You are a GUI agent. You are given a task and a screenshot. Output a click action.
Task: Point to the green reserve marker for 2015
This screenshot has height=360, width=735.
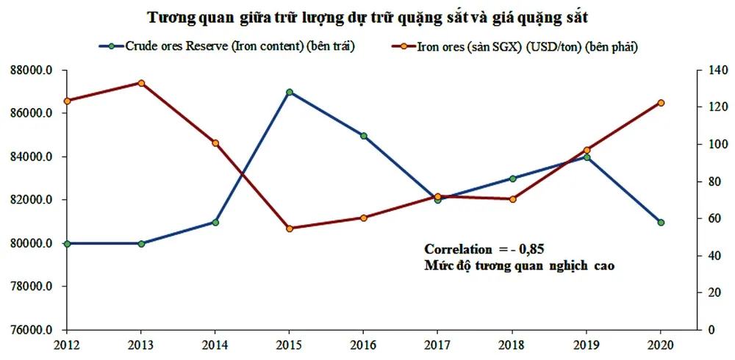click(x=290, y=93)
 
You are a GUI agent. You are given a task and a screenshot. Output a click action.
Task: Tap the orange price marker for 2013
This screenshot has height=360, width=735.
click(x=141, y=83)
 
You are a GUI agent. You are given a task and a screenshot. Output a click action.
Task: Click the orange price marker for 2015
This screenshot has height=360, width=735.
click(x=290, y=228)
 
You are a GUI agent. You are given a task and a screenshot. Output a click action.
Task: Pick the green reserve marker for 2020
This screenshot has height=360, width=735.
click(x=661, y=222)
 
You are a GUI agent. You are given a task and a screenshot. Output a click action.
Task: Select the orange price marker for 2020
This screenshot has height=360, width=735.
click(x=661, y=103)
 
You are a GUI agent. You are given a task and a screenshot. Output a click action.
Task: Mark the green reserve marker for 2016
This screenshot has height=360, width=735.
click(x=364, y=136)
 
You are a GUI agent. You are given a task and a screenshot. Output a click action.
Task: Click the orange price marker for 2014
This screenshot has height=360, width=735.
click(x=215, y=143)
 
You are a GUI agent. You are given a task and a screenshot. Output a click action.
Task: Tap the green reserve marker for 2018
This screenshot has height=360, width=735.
click(x=512, y=179)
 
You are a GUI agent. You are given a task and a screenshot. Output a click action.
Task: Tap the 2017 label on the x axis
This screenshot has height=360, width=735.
click(x=438, y=344)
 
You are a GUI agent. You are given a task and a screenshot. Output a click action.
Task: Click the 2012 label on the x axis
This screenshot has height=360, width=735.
click(x=67, y=344)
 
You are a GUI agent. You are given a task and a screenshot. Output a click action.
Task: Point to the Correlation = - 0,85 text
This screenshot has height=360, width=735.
click(x=484, y=249)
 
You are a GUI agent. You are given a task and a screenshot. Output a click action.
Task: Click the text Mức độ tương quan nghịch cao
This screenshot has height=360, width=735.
click(x=519, y=265)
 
